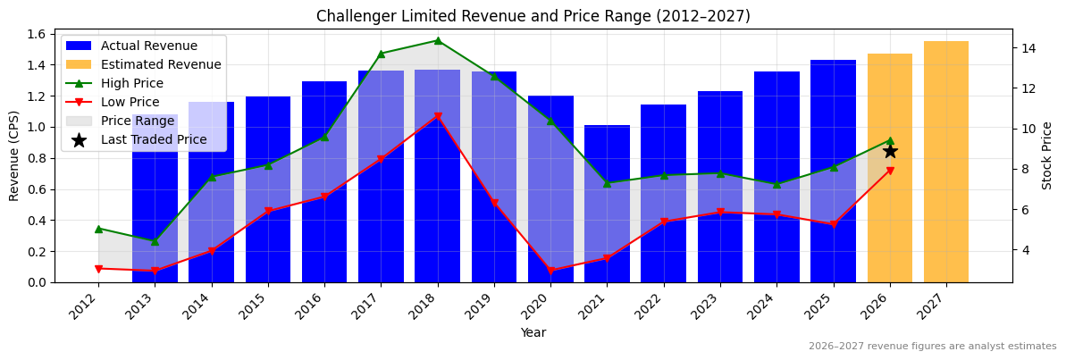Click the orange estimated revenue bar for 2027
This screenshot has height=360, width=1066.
click(945, 162)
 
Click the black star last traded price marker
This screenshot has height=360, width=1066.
click(890, 151)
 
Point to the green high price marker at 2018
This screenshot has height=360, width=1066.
click(437, 40)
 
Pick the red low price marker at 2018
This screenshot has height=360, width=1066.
click(437, 117)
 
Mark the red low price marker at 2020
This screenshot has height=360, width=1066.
click(550, 270)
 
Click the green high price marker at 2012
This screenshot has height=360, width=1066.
click(98, 229)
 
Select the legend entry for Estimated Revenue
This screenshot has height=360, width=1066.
click(161, 64)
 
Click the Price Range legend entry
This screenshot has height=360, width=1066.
click(138, 121)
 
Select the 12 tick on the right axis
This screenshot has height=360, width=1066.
click(1028, 88)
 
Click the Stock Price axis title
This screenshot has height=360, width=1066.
click(1047, 155)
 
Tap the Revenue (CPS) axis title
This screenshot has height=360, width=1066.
click(14, 155)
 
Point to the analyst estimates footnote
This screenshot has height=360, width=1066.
click(932, 347)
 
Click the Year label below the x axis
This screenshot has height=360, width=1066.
click(533, 332)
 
